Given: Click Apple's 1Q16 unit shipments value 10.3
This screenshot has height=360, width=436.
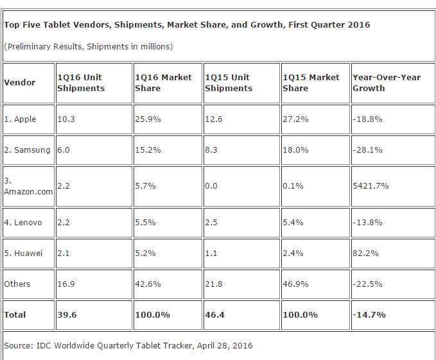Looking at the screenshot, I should point(65,119).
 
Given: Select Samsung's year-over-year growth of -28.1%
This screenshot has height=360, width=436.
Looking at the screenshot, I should point(365,150).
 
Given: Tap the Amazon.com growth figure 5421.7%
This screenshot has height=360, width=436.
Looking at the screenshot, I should point(371,185).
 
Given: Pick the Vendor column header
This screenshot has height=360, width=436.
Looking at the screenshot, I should point(20,82).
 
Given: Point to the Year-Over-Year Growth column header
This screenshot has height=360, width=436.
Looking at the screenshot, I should point(387,82).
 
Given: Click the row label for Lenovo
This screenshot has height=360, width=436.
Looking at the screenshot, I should point(23,222).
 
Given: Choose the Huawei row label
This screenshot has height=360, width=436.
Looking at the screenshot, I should point(23,253).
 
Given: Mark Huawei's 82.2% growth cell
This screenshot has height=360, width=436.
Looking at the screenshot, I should point(363,253).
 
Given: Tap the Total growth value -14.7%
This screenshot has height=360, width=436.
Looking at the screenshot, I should point(365,314).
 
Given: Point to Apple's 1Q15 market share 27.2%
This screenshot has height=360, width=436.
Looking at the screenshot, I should point(295,119).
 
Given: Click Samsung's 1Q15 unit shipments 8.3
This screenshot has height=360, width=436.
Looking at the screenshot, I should point(211,150).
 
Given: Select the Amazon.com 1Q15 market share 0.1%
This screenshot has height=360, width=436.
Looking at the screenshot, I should point(293,185).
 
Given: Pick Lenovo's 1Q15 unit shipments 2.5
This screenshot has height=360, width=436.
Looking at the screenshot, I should point(211,222).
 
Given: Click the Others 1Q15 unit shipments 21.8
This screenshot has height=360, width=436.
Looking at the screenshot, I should point(213,284).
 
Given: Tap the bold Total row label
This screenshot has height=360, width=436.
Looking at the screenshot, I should point(15,314).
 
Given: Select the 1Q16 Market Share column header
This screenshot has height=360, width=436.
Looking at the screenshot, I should point(163,82).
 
